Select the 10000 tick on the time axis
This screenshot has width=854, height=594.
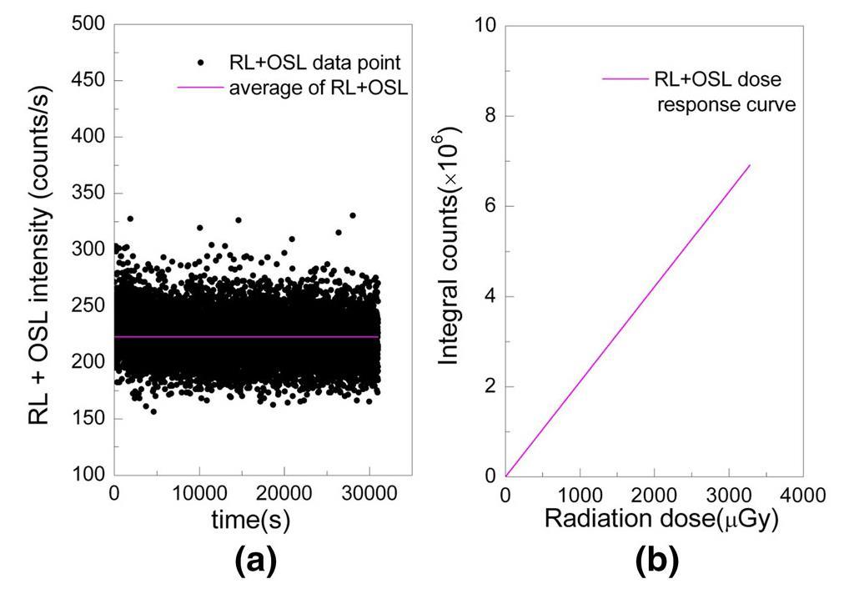pyautogui.click(x=199, y=496)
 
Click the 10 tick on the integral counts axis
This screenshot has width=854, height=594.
pyautogui.click(x=485, y=25)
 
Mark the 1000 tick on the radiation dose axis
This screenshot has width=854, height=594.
pyautogui.click(x=580, y=496)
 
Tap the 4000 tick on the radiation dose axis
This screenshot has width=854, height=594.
pyautogui.click(x=802, y=496)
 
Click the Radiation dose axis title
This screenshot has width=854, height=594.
pyautogui.click(x=661, y=519)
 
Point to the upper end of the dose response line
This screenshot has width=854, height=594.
pyautogui.click(x=751, y=164)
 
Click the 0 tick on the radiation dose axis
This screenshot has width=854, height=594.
pyautogui.click(x=505, y=496)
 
